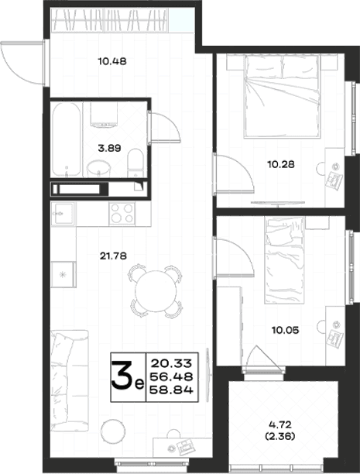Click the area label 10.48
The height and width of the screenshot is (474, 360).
pyautogui.click(x=112, y=62)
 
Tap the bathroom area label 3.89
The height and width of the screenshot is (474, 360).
pyautogui.click(x=109, y=148)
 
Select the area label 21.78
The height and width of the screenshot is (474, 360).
pyautogui.click(x=113, y=256)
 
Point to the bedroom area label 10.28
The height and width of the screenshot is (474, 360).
pyautogui.click(x=281, y=164)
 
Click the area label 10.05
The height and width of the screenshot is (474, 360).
pyautogui.click(x=286, y=330)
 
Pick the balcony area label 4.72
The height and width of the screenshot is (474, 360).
pyautogui.click(x=280, y=424)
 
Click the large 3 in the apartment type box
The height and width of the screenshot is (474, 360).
pyautogui.click(x=122, y=376)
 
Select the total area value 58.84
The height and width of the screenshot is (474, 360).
pyautogui.click(x=171, y=390)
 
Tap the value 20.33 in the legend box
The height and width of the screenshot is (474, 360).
pyautogui.click(x=171, y=362)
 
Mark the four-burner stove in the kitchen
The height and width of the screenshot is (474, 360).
pyautogui.click(x=122, y=214)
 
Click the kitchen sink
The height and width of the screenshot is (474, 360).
pyautogui.click(x=63, y=214)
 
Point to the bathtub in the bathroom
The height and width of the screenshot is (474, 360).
pyautogui.click(x=67, y=139)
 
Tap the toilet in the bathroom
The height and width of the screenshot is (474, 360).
pyautogui.click(x=135, y=163)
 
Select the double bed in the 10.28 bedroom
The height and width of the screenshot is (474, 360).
pyautogui.click(x=282, y=96)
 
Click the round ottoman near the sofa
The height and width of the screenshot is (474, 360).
pyautogui.click(x=113, y=431)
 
